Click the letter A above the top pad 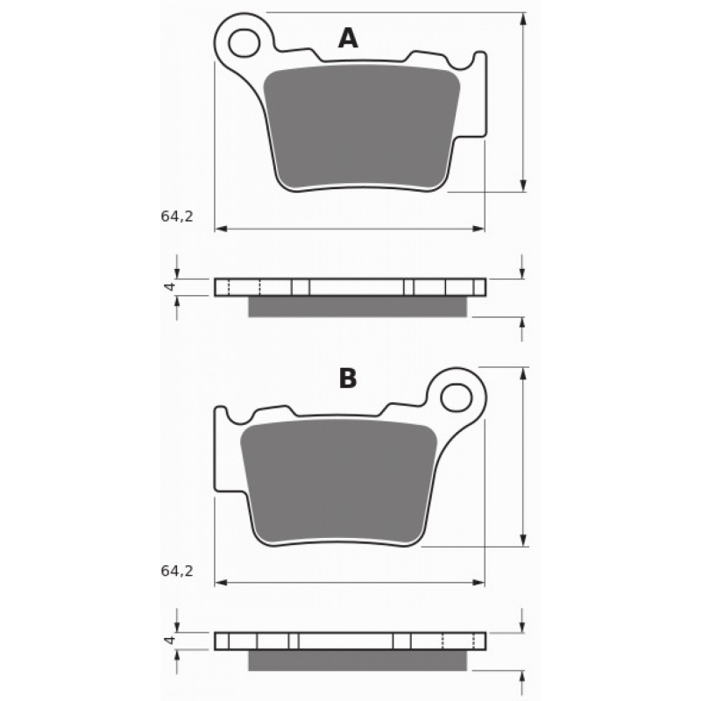(x=348, y=38)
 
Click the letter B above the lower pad (x=348, y=379)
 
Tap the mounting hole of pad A (x=244, y=43)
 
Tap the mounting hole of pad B (x=456, y=397)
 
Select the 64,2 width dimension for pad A (x=177, y=216)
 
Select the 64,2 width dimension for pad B (x=177, y=571)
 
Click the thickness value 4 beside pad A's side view (x=169, y=287)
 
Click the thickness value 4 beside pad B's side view (x=169, y=641)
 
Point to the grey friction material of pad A (x=361, y=127)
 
